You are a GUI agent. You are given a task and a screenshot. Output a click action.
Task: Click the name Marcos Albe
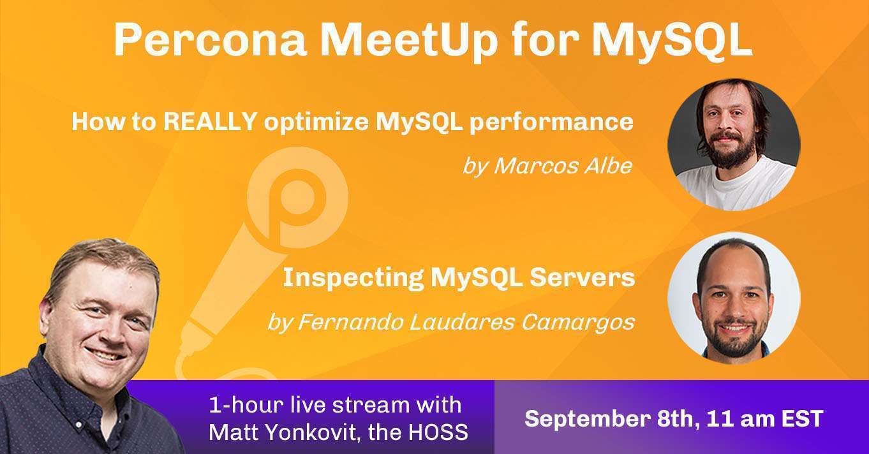pyautogui.click(x=563, y=166)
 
